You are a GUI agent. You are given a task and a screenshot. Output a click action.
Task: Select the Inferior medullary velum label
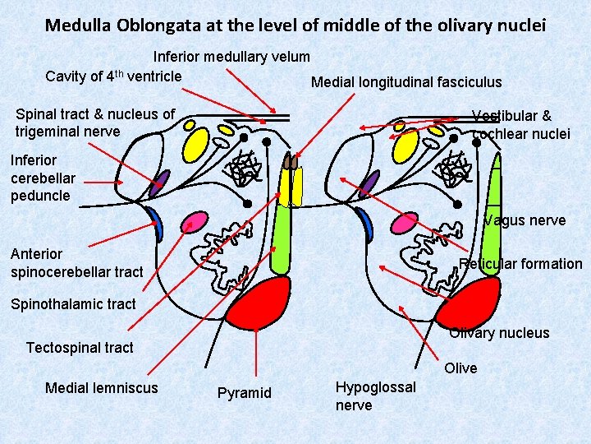[232, 57]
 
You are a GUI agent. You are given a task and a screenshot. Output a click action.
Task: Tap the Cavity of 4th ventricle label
[113, 76]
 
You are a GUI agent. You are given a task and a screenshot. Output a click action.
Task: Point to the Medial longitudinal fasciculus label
[405, 82]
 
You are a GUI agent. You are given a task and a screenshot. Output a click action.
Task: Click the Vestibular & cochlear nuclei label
[520, 124]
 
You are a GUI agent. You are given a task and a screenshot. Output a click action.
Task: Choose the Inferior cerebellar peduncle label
[43, 178]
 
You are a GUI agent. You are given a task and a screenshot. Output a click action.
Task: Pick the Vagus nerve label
[525, 220]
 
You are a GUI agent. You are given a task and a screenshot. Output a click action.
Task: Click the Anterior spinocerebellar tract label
[76, 262]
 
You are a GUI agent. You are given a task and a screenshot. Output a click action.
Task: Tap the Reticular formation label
[520, 264]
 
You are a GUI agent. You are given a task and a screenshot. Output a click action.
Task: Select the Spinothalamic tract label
[73, 304]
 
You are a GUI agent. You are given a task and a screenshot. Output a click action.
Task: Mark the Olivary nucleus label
[499, 333]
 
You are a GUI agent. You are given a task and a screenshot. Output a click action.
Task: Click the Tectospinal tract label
[80, 348]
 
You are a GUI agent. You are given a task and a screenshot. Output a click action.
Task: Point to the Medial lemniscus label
[102, 387]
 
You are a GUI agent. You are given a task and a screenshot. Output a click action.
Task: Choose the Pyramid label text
[244, 393]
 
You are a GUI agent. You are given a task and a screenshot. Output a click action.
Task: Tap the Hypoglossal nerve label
[375, 395]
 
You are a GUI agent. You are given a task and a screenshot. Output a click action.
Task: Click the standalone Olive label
[460, 368]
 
